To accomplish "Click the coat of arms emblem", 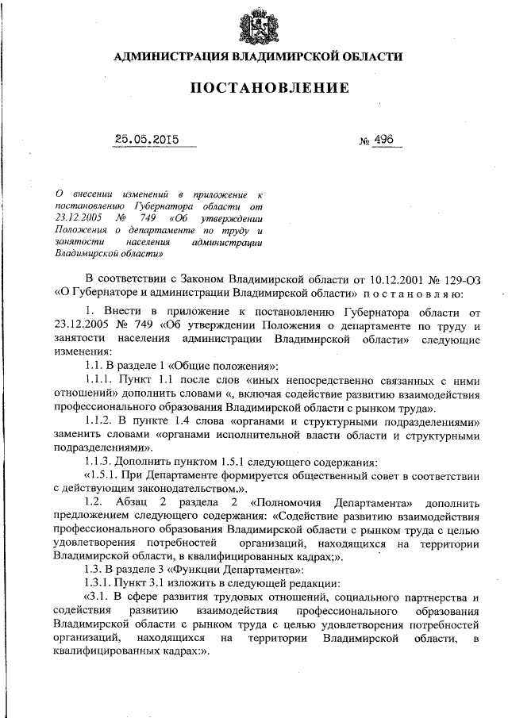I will pos(254,25).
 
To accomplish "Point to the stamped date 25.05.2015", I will pos(147,140).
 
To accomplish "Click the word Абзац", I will pos(156,503).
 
